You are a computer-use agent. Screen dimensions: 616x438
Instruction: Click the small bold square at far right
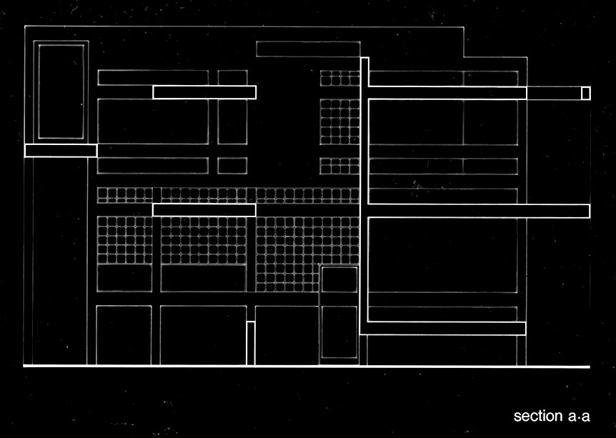pos(585,93)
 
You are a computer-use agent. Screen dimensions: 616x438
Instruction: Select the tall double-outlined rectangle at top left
pos(61,91)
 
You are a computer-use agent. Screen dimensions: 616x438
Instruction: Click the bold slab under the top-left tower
pos(61,150)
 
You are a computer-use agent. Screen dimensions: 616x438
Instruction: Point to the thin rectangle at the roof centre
pos(307,49)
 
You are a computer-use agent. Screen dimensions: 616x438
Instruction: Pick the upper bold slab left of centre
pos(204,91)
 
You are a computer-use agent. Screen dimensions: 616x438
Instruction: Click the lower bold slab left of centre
pos(204,209)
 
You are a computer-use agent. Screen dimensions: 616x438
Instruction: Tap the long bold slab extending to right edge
pos(479,211)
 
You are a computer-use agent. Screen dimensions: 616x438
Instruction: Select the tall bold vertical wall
pos(364,193)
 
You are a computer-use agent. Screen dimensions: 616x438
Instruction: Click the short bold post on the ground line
pos(250,343)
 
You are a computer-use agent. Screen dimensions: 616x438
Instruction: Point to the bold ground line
pos(307,367)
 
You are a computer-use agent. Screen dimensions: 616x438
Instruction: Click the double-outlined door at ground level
pos(338,315)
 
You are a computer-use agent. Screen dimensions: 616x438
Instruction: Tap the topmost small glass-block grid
pos(339,77)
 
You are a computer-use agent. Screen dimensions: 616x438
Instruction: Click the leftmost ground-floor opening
pos(124,334)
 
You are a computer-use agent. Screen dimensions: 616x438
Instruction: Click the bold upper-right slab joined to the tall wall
pos(447,93)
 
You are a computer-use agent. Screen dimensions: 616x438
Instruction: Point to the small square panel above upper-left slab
pos(232,77)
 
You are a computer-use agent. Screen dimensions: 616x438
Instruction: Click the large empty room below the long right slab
pos(443,255)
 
